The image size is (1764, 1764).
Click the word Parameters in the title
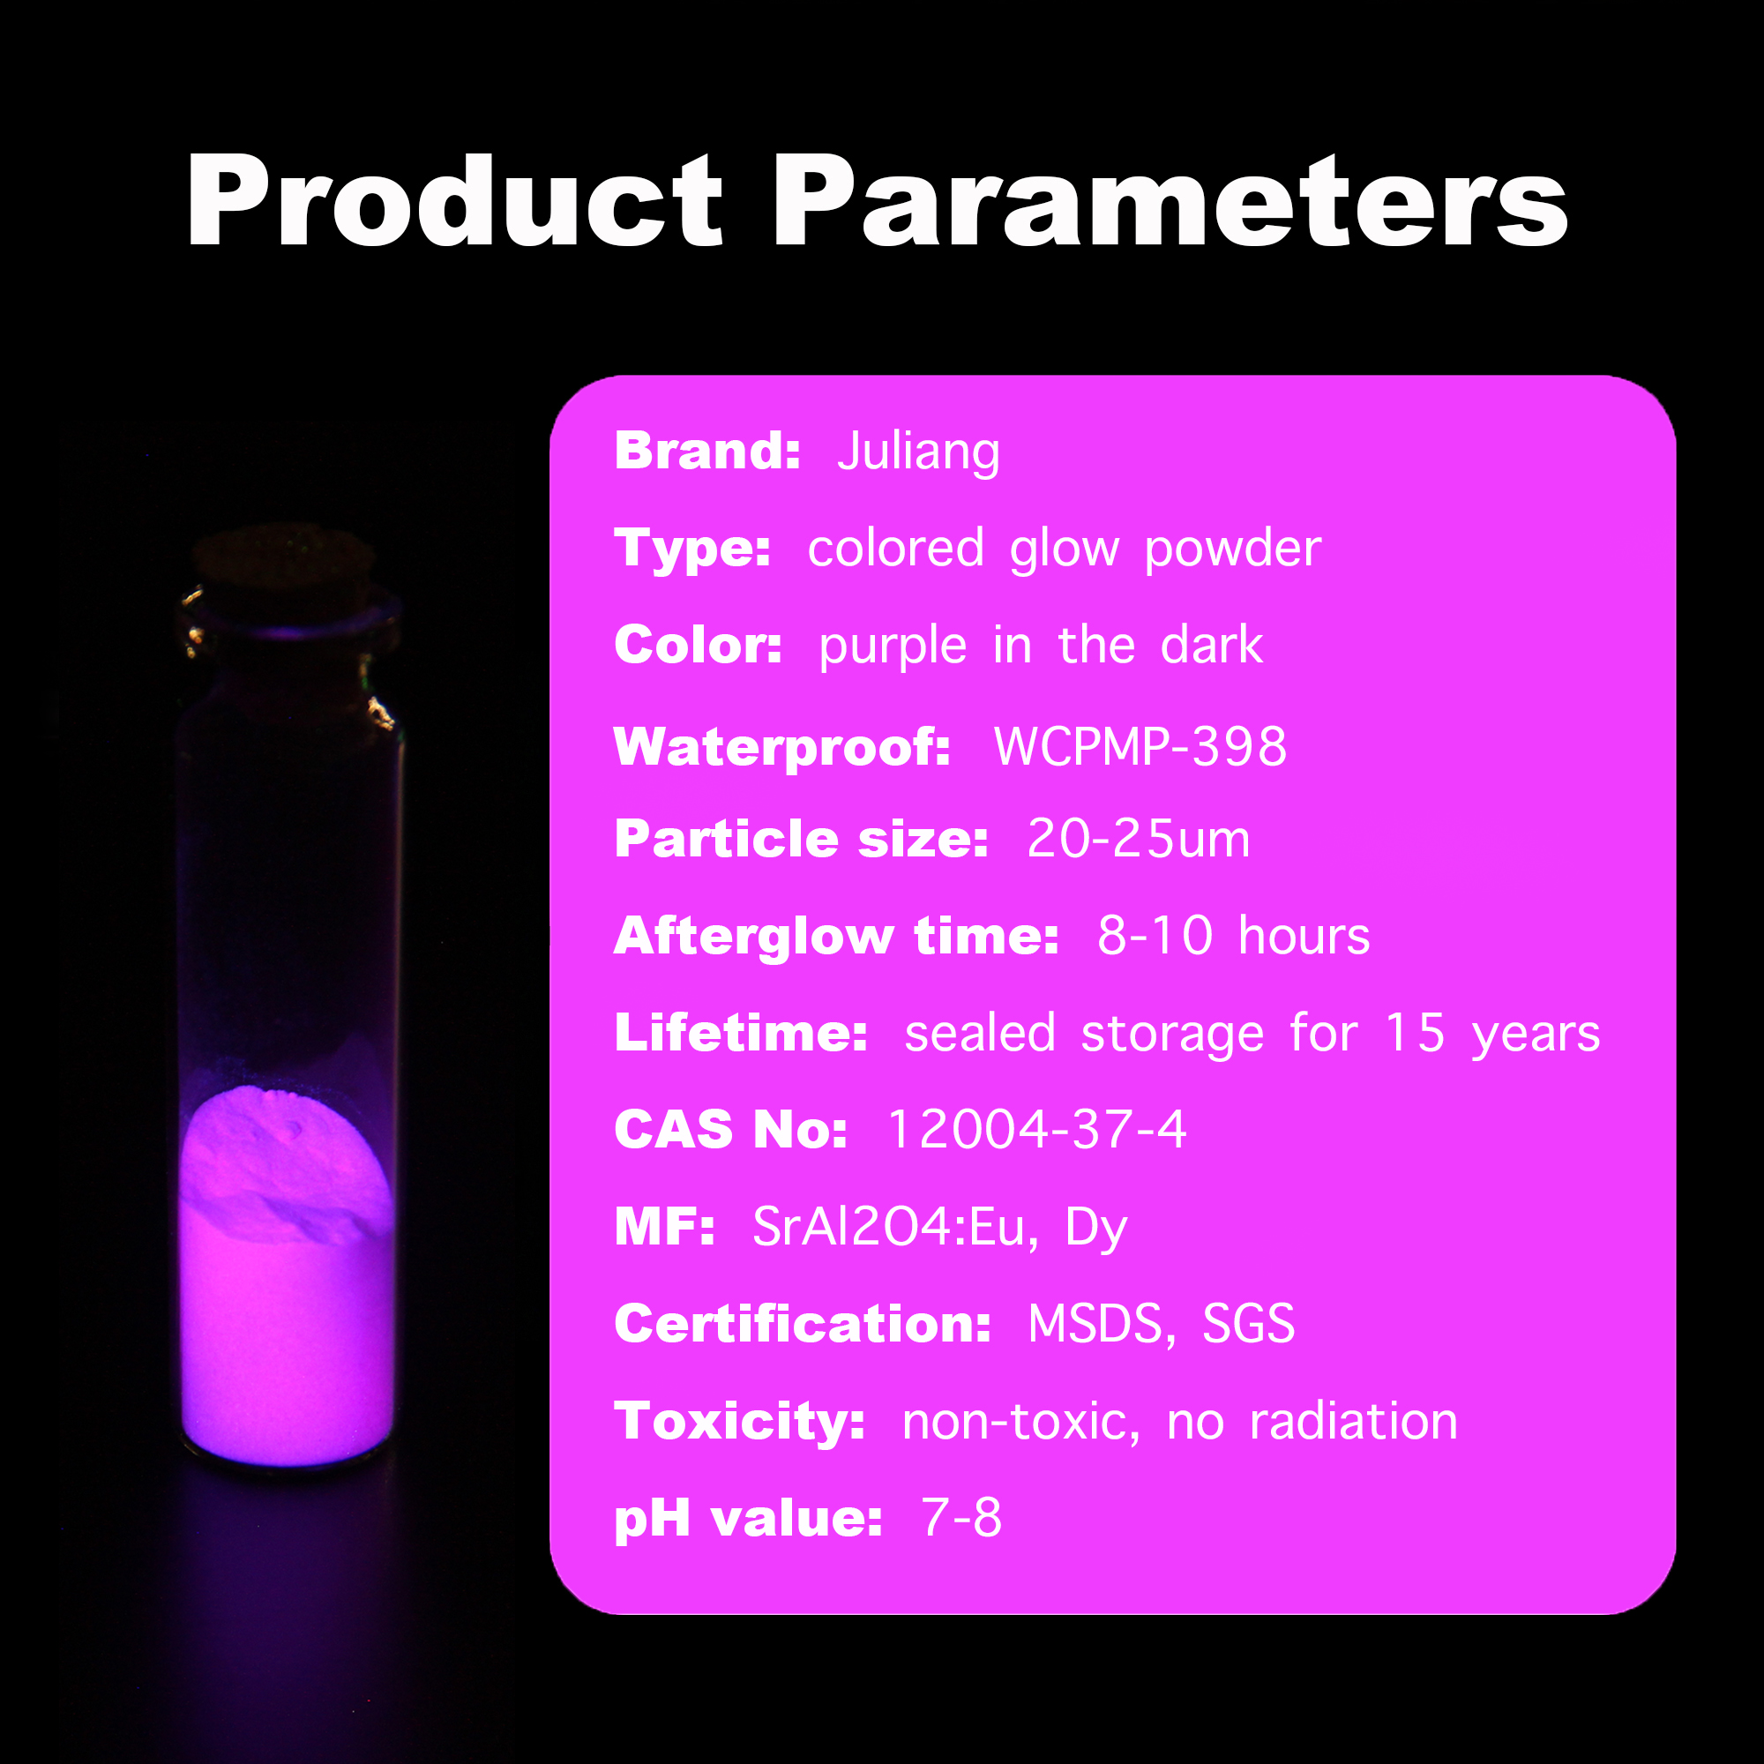pos(1171,201)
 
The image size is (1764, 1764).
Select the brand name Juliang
pos(918,452)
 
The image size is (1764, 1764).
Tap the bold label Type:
pos(693,549)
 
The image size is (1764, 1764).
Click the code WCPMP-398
pos(1140,747)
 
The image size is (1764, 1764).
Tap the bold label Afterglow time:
pos(836,937)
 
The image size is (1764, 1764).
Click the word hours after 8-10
pos(1304,936)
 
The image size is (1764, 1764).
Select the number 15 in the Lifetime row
pos(1415,1033)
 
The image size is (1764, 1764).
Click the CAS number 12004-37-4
pos(1037,1130)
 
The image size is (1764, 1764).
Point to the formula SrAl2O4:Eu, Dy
pos(939,1228)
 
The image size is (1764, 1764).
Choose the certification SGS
pos(1248,1323)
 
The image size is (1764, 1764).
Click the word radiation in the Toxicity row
pos(1354,1422)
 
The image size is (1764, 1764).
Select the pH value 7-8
pos(961,1517)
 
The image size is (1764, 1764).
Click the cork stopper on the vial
pos(285,558)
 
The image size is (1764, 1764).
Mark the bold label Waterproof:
pos(782,748)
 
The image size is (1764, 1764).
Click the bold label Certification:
pos(803,1324)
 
